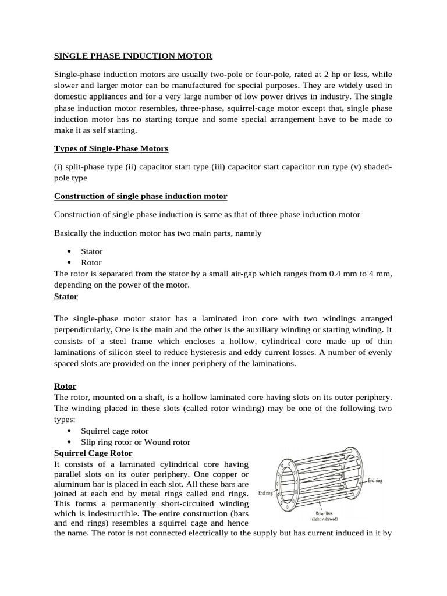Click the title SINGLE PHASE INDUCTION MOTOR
tap(133, 56)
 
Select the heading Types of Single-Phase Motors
tap(111, 148)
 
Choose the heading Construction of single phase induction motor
tap(140, 196)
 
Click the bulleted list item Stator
tap(91, 251)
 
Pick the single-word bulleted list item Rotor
tap(91, 262)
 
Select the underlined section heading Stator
tap(66, 296)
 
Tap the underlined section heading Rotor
tap(65, 386)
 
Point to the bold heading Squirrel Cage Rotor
tap(93, 453)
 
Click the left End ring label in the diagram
tap(265, 493)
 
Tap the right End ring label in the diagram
tap(375, 481)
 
